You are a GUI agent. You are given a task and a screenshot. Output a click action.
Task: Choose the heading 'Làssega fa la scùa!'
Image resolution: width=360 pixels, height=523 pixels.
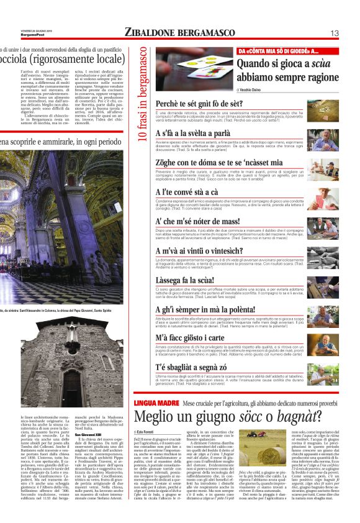187,281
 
